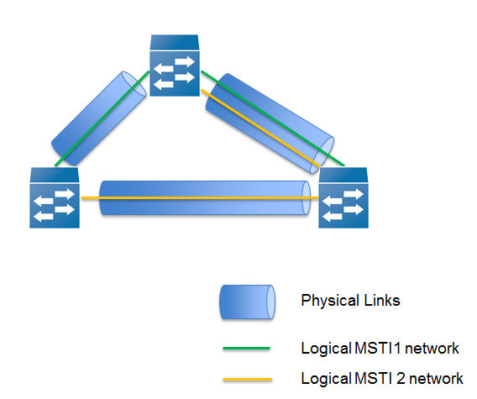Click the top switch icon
point(175,66)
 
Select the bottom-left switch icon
point(55,197)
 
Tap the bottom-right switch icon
point(343,197)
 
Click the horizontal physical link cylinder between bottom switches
point(205,198)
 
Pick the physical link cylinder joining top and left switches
point(99,118)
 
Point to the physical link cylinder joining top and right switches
point(270,123)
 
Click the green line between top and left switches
point(102,118)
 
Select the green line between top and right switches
point(273,118)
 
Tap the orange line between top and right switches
point(260,128)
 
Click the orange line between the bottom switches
point(200,198)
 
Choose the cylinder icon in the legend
point(248,302)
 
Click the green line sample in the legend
point(246,348)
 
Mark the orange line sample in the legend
point(248,379)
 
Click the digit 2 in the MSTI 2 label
point(401,379)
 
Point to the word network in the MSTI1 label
point(432,349)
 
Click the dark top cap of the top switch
point(175,42)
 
